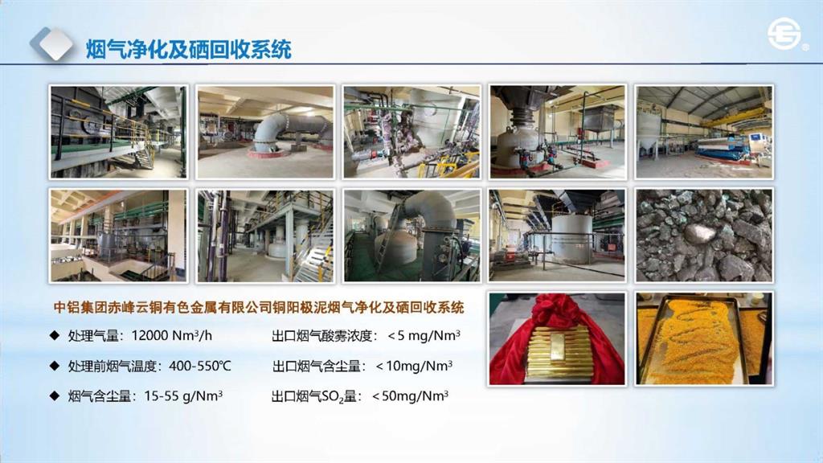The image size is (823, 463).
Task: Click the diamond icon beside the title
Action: [x=51, y=44]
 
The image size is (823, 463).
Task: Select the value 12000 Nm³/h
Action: [x=172, y=335]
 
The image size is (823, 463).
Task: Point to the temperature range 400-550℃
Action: [x=200, y=366]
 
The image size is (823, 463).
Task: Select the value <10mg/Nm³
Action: [x=414, y=366]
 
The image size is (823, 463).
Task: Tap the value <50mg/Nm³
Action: [x=410, y=395]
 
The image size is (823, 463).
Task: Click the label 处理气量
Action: [x=93, y=335]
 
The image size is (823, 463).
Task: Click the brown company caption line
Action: [x=259, y=307]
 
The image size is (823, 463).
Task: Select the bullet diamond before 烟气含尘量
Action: [x=54, y=395]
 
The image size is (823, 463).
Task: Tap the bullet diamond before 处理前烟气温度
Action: [x=54, y=366]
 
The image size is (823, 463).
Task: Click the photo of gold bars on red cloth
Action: [x=557, y=338]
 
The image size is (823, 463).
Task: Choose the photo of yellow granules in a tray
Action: [x=704, y=338]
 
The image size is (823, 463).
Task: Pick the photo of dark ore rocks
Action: [x=704, y=236]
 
